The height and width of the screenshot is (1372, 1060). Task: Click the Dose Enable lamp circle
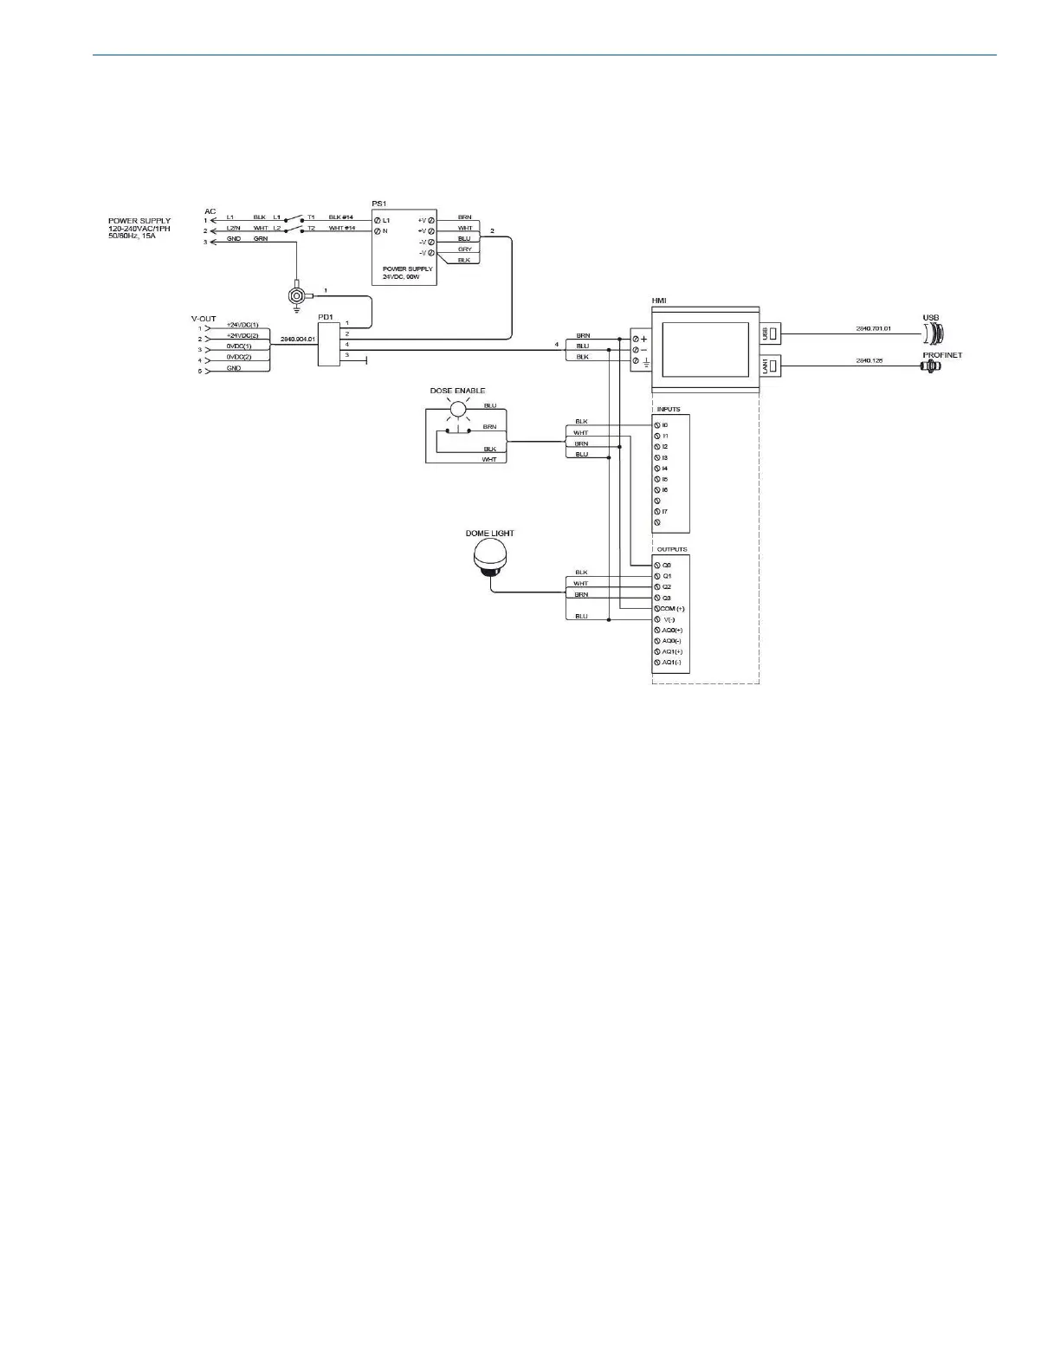click(x=457, y=408)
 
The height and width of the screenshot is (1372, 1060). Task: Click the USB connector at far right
click(x=934, y=332)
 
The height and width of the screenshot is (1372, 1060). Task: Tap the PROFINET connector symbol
click(x=932, y=367)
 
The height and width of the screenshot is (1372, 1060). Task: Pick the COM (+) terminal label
click(x=673, y=609)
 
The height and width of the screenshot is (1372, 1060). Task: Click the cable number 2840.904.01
click(x=297, y=340)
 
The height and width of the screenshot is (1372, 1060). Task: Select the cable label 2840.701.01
click(x=873, y=329)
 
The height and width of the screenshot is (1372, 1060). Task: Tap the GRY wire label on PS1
click(x=464, y=249)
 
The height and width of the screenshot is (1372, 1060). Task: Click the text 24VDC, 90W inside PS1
click(x=401, y=277)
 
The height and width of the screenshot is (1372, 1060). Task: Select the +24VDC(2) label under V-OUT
click(x=242, y=335)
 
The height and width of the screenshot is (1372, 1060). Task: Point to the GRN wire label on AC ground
click(x=261, y=238)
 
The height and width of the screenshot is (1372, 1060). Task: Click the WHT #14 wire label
click(x=341, y=228)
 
